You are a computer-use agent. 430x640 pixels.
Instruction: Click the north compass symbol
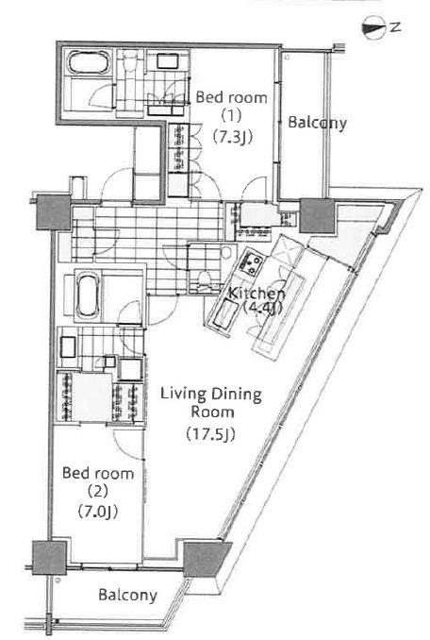373,27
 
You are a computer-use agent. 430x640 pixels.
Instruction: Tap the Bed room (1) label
232,107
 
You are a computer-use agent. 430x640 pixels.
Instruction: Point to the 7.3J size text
232,136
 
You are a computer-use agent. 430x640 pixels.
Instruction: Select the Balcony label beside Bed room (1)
317,123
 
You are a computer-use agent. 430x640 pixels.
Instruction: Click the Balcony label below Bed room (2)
127,595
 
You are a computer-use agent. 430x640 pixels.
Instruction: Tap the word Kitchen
256,293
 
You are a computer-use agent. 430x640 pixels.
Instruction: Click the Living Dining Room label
211,402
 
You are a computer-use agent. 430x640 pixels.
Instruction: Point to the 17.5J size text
210,433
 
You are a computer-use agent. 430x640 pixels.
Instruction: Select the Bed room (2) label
98,482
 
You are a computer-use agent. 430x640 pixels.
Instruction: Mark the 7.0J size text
98,511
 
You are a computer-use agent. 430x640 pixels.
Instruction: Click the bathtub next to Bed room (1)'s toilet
89,63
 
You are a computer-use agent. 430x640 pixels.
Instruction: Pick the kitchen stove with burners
250,264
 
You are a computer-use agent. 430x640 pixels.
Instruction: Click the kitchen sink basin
223,314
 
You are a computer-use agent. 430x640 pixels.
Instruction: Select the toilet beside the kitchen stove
204,280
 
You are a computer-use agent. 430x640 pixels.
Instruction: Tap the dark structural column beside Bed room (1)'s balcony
318,215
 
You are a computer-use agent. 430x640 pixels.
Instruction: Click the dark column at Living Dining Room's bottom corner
207,559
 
